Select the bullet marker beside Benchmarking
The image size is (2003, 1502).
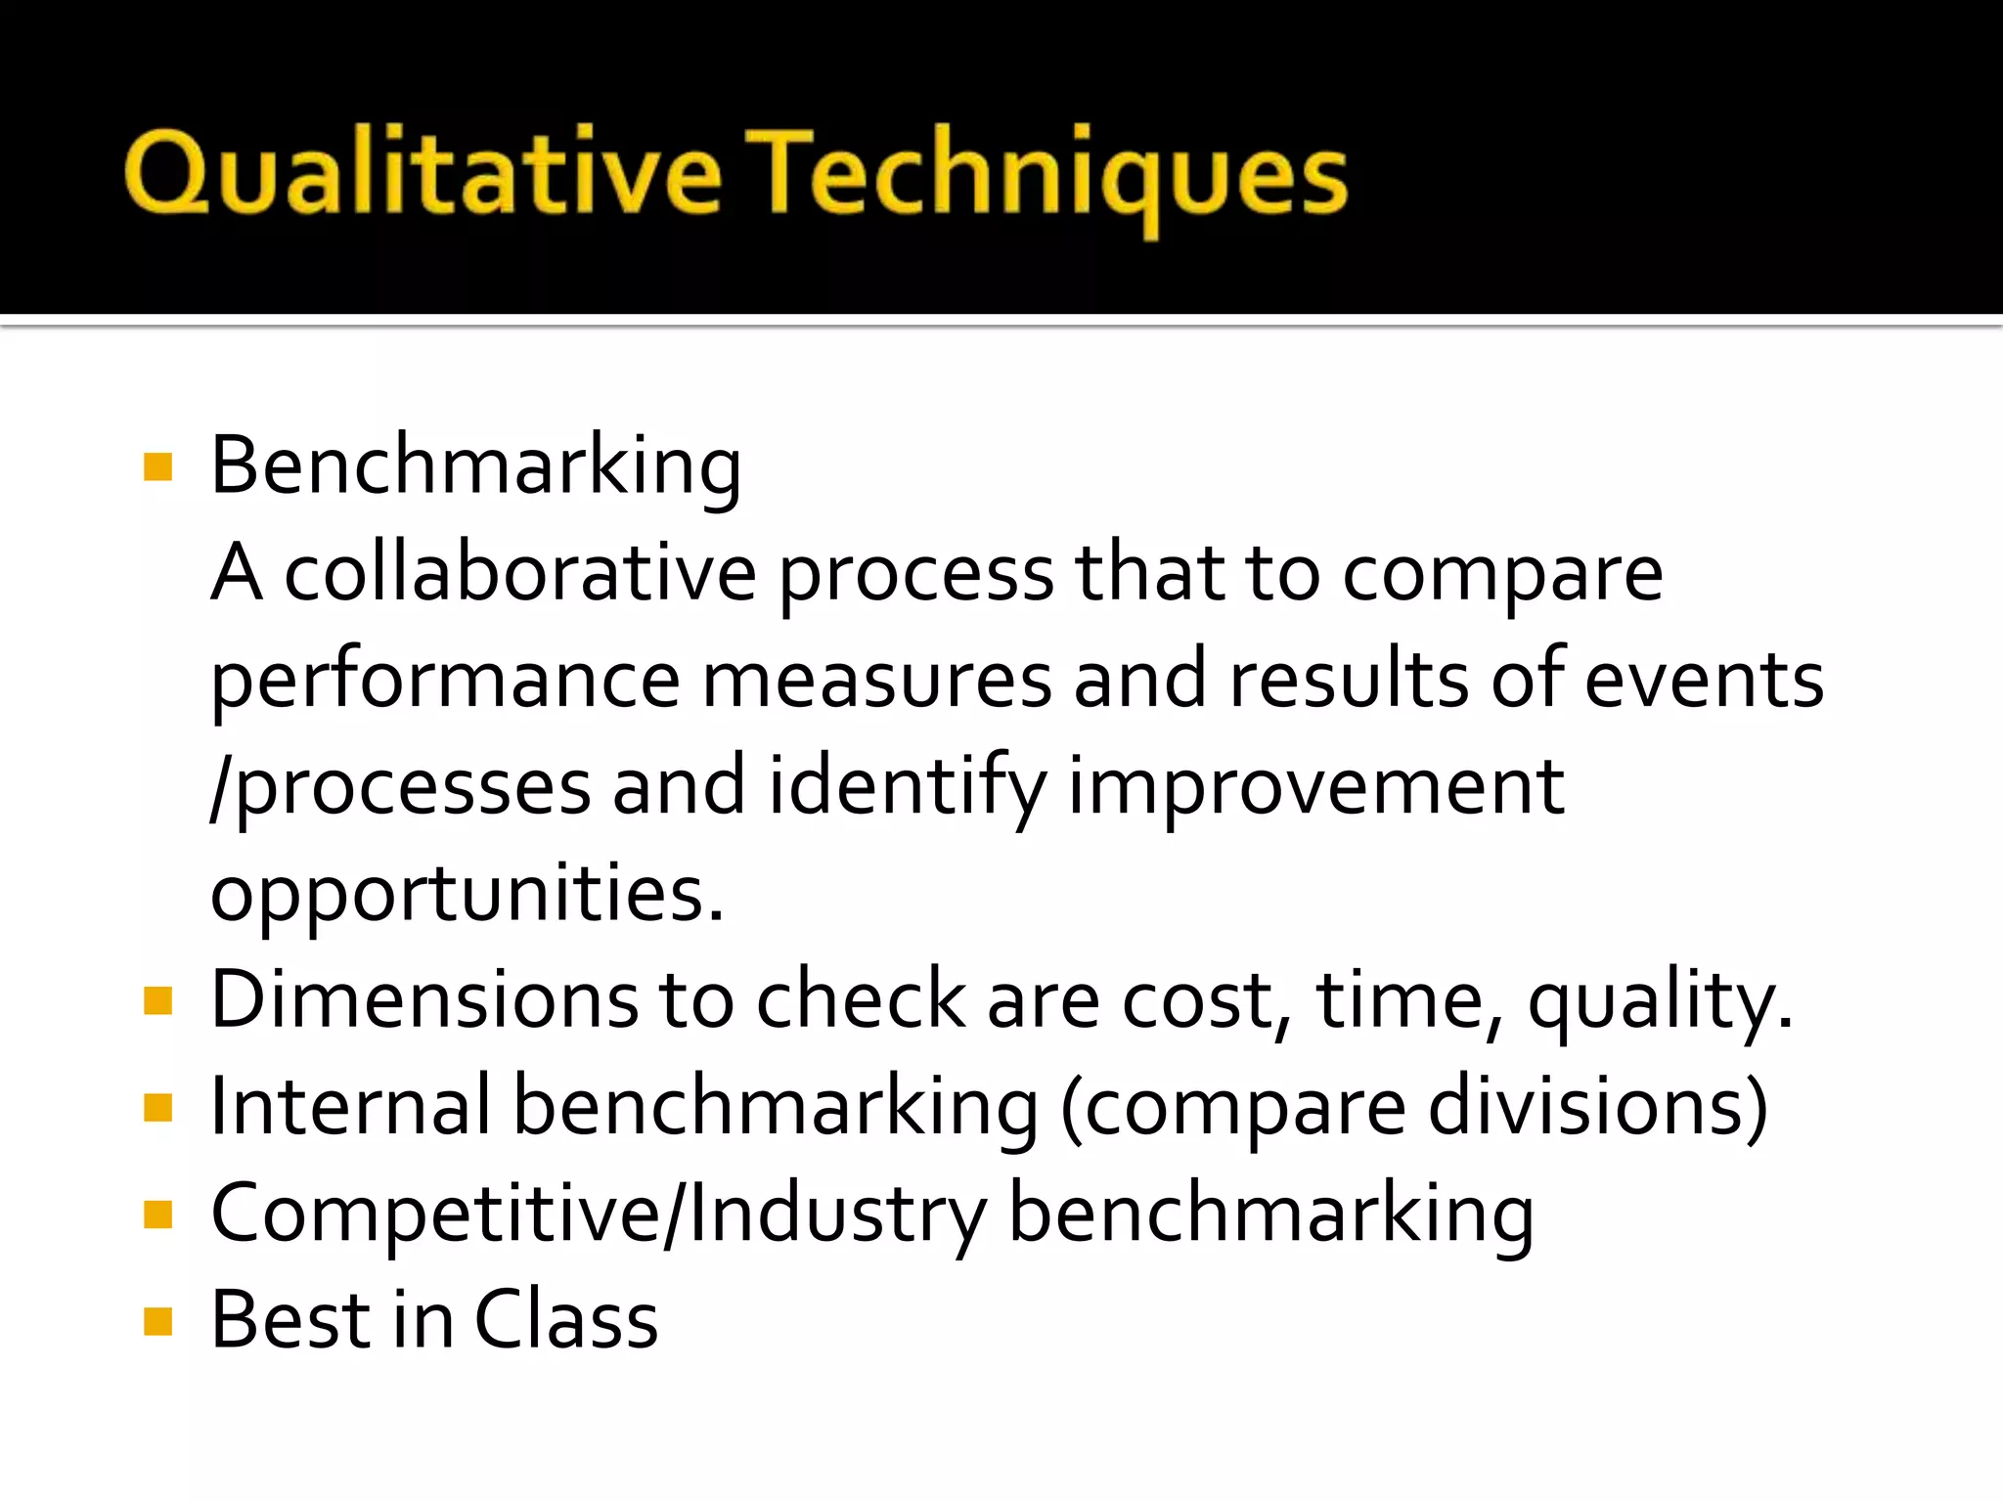coord(157,467)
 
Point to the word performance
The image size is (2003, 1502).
coord(445,683)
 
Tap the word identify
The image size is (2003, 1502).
coord(907,788)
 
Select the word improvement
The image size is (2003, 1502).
coord(1315,788)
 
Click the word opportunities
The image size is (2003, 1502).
coord(467,894)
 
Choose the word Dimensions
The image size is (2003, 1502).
coord(423,998)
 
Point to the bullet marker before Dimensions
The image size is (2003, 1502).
coord(157,1001)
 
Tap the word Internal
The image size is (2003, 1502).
coord(350,1106)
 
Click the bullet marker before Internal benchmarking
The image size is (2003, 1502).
coord(157,1108)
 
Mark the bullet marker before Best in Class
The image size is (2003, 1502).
coord(157,1322)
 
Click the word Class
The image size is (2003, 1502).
coord(566,1319)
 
